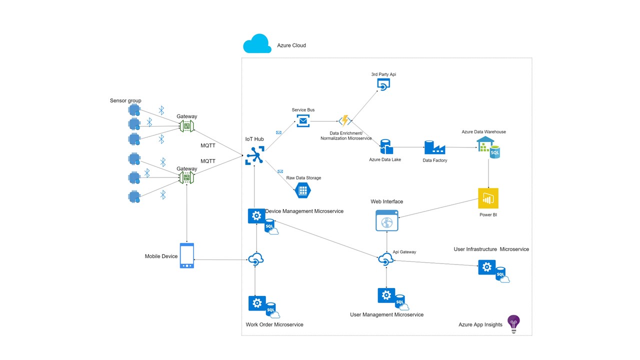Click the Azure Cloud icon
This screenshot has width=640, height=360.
pyautogui.click(x=257, y=44)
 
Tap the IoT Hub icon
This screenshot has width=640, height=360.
pyautogui.click(x=254, y=155)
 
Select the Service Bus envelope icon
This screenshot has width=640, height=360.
pyautogui.click(x=303, y=120)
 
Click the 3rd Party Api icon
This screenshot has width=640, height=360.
pyautogui.click(x=383, y=84)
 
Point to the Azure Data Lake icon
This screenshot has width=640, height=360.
pyautogui.click(x=385, y=147)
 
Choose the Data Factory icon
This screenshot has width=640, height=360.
pyautogui.click(x=434, y=147)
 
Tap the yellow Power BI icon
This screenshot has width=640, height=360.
pyautogui.click(x=488, y=198)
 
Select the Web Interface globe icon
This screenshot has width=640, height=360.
pyautogui.click(x=387, y=220)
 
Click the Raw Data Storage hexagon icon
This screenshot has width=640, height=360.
pyautogui.click(x=302, y=190)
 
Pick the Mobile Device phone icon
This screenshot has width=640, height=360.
pyautogui.click(x=186, y=255)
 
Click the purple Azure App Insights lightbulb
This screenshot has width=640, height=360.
pyautogui.click(x=513, y=323)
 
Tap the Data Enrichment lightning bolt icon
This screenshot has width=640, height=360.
pyautogui.click(x=344, y=120)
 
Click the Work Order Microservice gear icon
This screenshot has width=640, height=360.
pyautogui.click(x=256, y=303)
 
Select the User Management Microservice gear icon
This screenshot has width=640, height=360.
pyautogui.click(x=386, y=295)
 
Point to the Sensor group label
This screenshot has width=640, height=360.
pyautogui.click(x=125, y=100)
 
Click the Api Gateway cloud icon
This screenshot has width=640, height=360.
pyautogui.click(x=385, y=259)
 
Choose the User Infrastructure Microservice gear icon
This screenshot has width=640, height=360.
pyautogui.click(x=486, y=267)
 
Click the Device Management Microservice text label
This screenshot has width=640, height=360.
pyautogui.click(x=304, y=211)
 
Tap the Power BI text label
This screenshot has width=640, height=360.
pyautogui.click(x=487, y=215)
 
